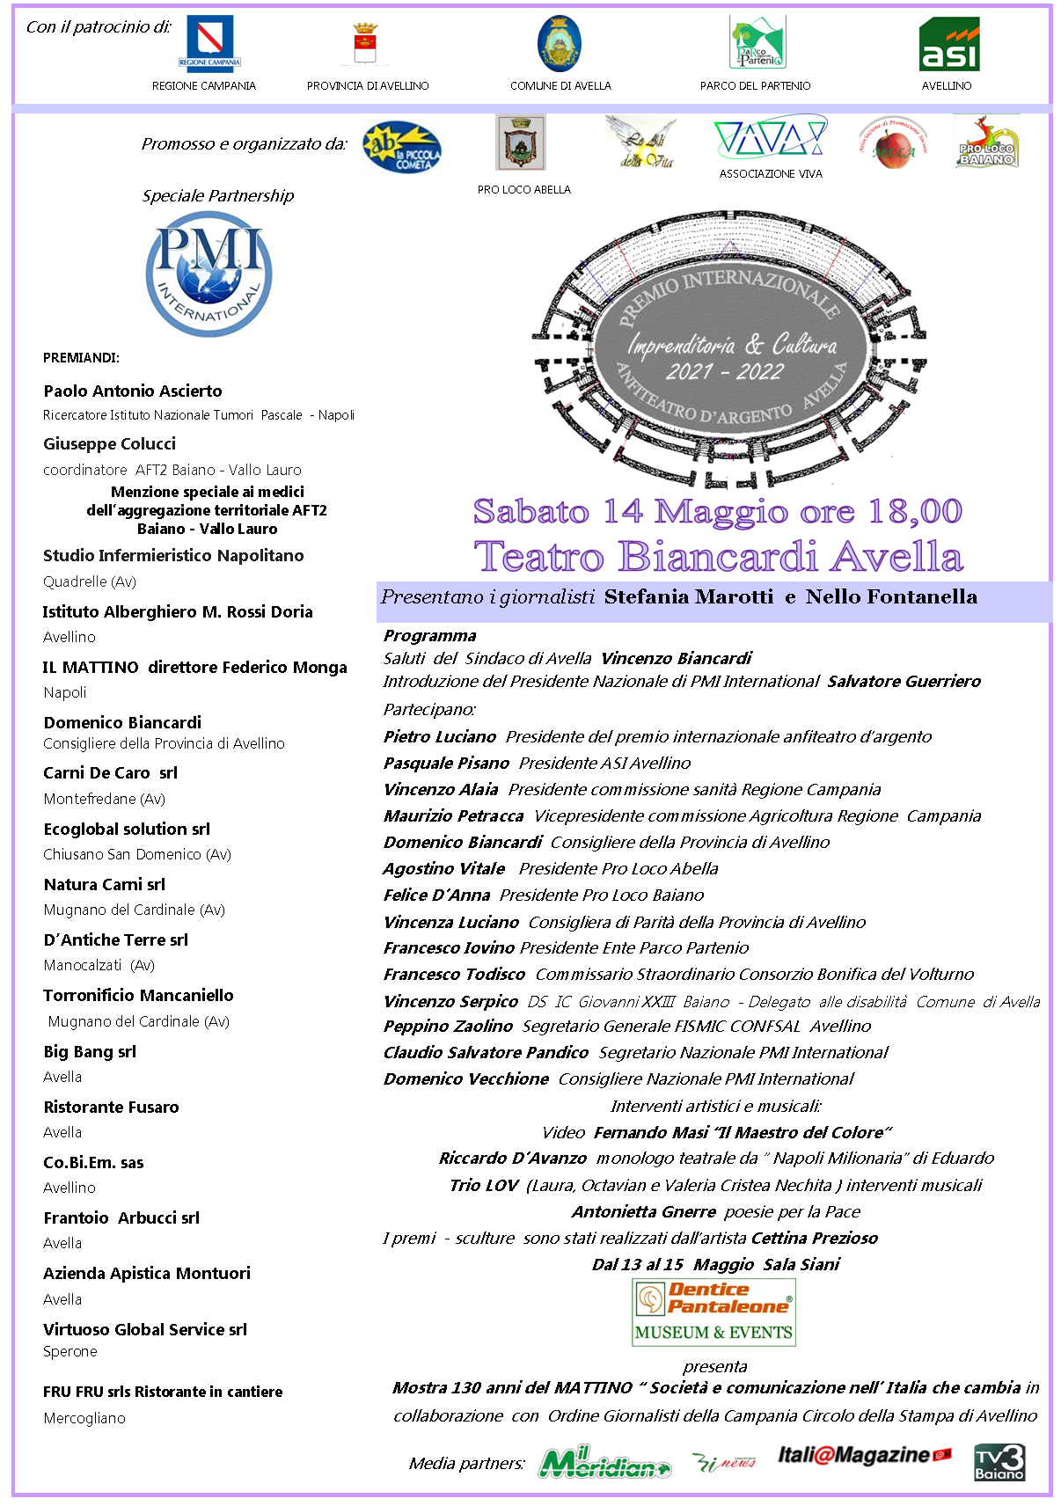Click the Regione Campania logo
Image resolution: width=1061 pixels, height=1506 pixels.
pos(209,41)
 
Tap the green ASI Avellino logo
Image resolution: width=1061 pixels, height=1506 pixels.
pos(948,45)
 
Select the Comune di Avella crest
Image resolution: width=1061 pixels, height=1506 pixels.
pos(559,42)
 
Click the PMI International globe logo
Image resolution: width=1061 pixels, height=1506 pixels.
pos(209,274)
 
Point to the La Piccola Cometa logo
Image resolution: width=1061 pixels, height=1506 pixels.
pos(402,149)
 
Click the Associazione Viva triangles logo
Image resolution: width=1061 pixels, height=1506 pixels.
pos(770,138)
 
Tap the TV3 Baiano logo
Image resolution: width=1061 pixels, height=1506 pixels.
pos(999,1462)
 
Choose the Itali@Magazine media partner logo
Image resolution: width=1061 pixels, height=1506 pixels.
pos(864,1456)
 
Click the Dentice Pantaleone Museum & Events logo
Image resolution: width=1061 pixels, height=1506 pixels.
pos(713,1312)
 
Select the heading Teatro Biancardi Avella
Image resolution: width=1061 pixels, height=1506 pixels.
pos(718,557)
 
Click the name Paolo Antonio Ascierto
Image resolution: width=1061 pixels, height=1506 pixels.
pos(133,391)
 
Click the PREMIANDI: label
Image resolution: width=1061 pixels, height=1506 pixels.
pos(81,357)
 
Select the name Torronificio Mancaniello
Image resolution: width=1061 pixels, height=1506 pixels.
pos(138,995)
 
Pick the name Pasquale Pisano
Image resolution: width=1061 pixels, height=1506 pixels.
pos(446,763)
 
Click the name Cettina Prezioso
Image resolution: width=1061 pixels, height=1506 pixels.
pos(814,1238)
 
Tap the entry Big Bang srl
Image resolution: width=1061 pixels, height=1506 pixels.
pos(90,1051)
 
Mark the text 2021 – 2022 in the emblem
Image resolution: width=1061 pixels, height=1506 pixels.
pos(724,371)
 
